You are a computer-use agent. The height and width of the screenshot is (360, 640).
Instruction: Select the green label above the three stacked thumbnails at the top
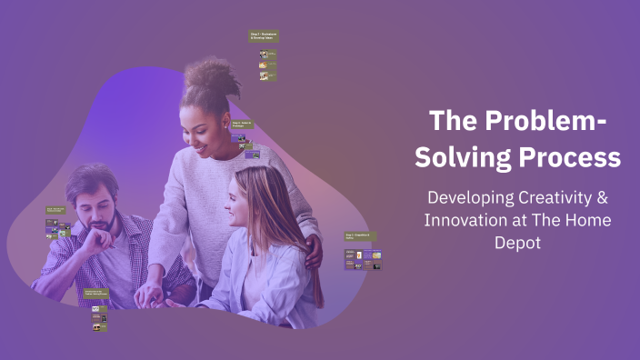click(x=264, y=37)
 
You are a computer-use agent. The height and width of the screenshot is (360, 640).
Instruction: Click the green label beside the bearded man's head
click(x=55, y=212)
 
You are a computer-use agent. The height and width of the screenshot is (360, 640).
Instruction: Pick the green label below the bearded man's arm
click(x=95, y=294)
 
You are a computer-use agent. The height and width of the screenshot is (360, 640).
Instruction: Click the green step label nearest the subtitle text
click(x=361, y=236)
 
